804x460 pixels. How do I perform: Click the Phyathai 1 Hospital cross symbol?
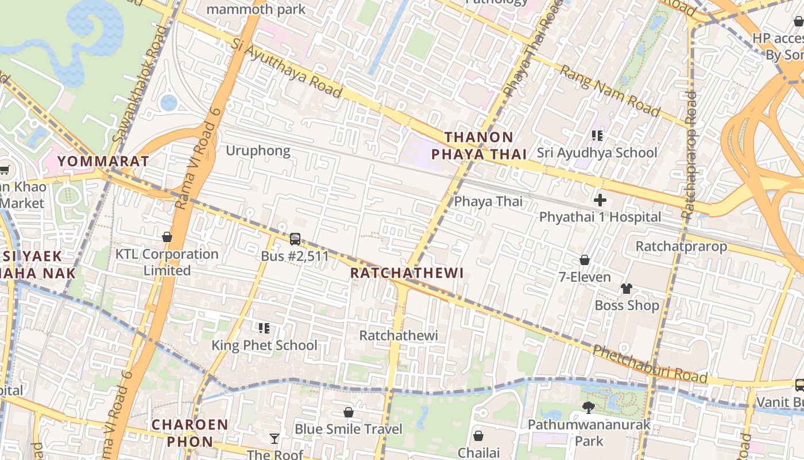click(x=600, y=200)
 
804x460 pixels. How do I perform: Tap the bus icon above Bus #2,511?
click(x=295, y=239)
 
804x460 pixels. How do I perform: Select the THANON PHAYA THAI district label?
click(x=479, y=145)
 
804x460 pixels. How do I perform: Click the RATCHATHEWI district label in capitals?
click(x=407, y=273)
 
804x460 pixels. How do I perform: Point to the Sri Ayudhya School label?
click(x=597, y=153)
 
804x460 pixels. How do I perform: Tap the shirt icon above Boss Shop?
click(x=626, y=288)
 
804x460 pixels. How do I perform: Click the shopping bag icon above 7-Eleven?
click(x=585, y=260)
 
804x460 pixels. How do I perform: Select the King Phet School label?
click(x=264, y=346)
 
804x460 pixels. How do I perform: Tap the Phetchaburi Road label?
click(x=650, y=364)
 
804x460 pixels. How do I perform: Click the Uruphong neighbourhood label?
click(x=258, y=151)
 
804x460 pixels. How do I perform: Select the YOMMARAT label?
click(x=103, y=162)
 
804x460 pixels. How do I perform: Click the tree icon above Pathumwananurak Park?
click(x=588, y=407)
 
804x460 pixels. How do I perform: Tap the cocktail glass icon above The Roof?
click(x=275, y=439)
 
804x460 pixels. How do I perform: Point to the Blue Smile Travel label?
click(x=349, y=430)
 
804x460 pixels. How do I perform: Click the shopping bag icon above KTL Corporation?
click(x=167, y=236)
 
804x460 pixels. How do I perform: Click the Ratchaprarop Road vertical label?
click(x=689, y=155)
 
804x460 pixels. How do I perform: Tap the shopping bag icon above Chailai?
click(x=478, y=436)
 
